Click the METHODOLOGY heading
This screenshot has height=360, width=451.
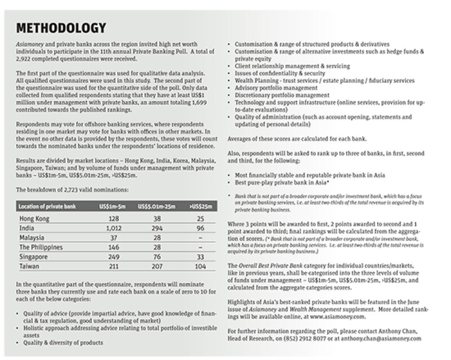coord(60,28)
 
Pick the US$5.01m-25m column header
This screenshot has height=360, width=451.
coord(159,206)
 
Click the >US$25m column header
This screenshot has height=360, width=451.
coord(201,206)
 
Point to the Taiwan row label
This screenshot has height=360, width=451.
coord(30,265)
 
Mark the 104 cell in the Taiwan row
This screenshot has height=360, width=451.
coord(201,265)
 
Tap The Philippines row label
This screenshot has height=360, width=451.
coord(43,246)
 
